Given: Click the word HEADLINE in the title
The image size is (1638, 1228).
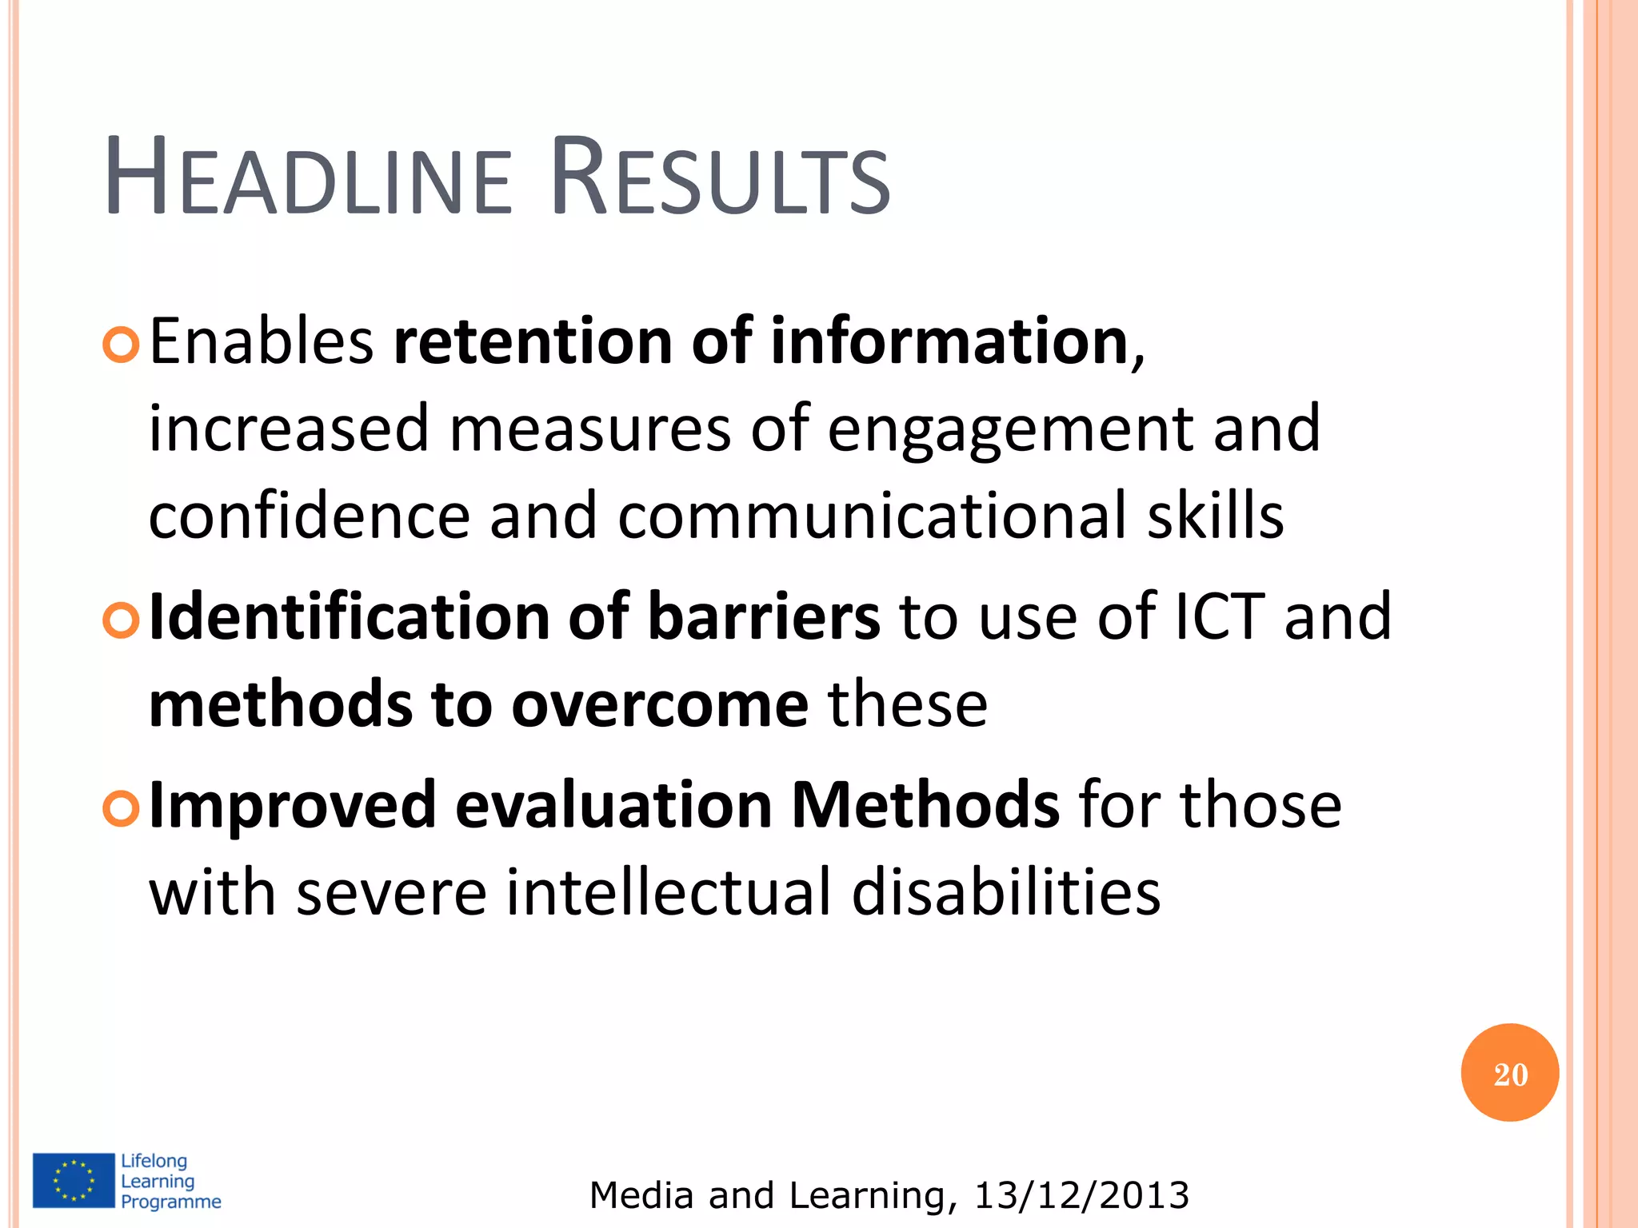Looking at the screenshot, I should pos(308,178).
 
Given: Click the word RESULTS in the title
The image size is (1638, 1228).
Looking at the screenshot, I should pos(720,178).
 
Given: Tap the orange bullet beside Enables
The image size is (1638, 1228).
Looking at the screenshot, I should pos(122,345).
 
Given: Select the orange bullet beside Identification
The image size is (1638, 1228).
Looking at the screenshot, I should pos(122,620).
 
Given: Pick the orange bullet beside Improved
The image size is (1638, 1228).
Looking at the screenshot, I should pos(122,809).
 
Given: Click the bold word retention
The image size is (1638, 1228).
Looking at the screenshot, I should pos(533,342).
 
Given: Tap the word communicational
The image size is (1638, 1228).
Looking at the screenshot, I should pos(872,516).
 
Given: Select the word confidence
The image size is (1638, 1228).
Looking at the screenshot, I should pos(309,516).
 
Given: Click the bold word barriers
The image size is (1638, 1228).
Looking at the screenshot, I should pos(764,618).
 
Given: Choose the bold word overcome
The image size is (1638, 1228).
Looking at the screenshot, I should pos(660,705).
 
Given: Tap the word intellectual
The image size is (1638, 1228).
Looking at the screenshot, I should pos(669,893).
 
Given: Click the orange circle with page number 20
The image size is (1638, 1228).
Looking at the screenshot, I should pos(1509,1073).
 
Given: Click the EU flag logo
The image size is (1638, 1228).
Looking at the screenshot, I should pos(74,1180).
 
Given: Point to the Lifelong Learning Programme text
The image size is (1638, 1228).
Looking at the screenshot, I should pos(170,1181).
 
